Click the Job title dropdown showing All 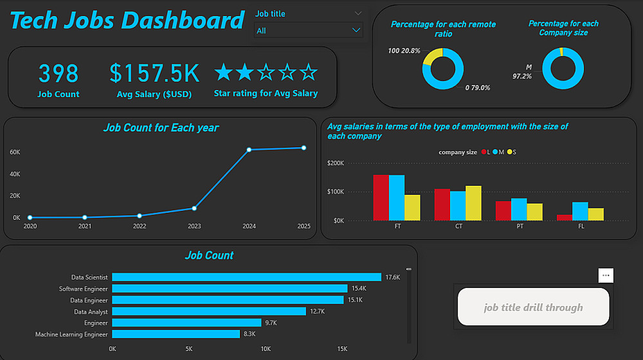point(309,30)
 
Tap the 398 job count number point(59,74)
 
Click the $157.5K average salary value point(154,74)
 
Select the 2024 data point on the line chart point(249,150)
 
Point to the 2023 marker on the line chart point(194,208)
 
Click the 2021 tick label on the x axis point(85,226)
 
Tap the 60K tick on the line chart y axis point(15,152)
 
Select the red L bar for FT point(381,197)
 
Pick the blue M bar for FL point(580,211)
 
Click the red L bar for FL point(565,217)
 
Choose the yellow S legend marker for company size point(509,152)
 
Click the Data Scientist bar point(246,277)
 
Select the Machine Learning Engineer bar point(176,334)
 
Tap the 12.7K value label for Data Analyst point(317,312)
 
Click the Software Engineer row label point(84,289)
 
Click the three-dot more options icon point(605,275)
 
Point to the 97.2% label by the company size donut point(522,76)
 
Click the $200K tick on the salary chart point(336,163)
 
